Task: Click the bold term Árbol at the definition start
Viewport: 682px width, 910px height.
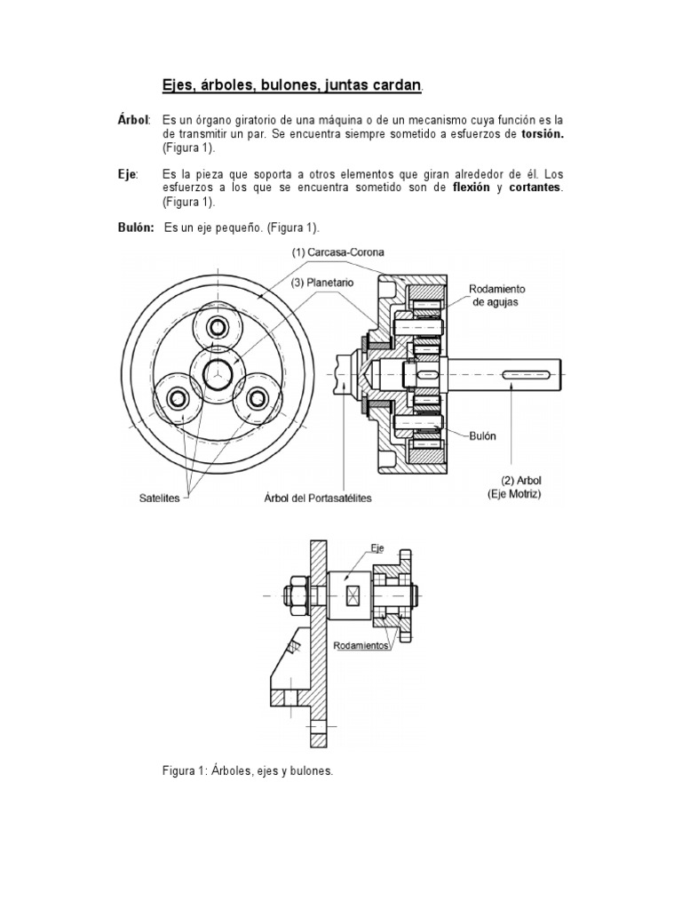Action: [134, 119]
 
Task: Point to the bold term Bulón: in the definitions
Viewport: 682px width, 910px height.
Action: [138, 228]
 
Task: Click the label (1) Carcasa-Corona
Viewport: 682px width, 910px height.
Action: [338, 251]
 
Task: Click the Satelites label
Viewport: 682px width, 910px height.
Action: [159, 499]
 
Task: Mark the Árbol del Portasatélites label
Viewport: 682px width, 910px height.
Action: [317, 499]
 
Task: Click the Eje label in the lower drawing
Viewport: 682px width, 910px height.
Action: [377, 548]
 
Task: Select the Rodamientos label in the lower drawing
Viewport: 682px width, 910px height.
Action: [361, 646]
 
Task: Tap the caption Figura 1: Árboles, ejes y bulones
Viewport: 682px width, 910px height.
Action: [247, 770]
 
